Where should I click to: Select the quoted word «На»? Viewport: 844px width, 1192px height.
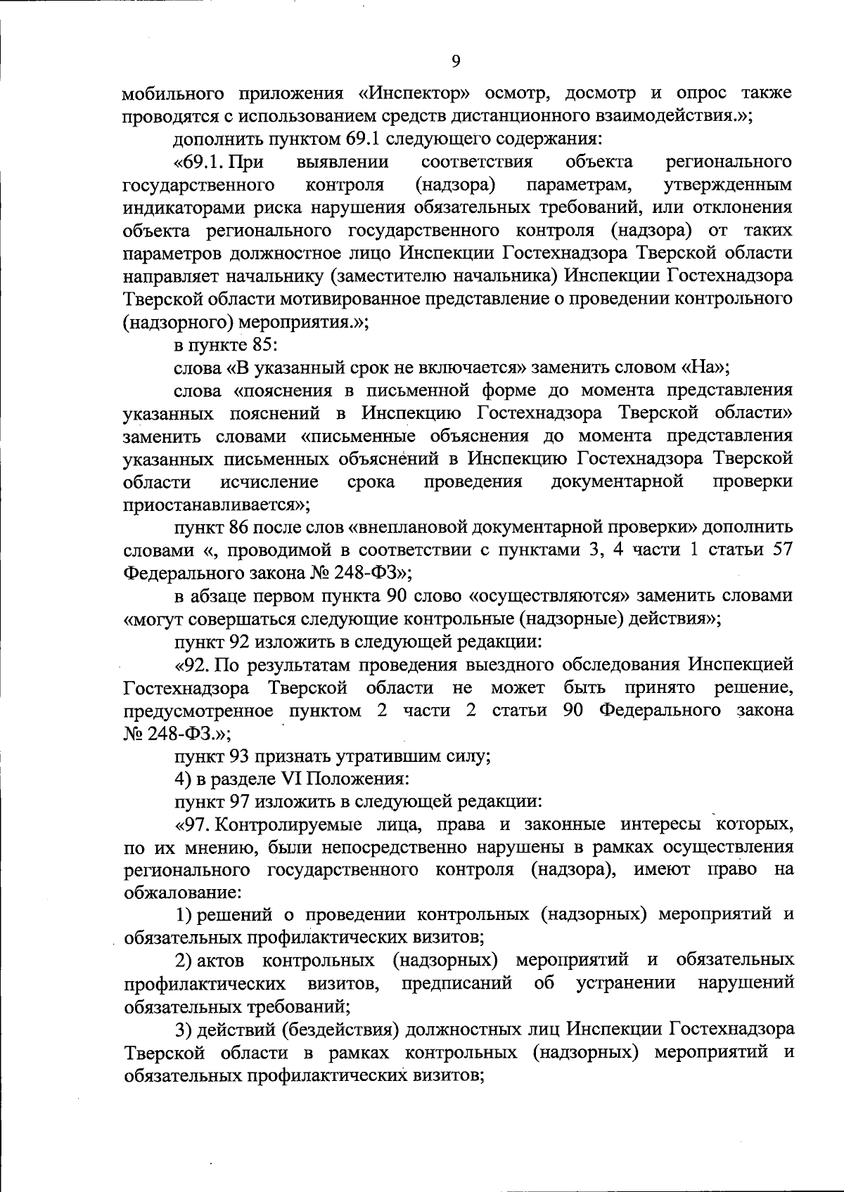coord(705,368)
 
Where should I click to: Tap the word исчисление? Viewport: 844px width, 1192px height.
coord(270,481)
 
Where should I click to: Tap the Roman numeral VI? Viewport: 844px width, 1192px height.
coord(290,779)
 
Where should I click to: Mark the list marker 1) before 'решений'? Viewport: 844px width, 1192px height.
coord(184,914)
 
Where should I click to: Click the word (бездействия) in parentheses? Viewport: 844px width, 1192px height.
coord(306,1030)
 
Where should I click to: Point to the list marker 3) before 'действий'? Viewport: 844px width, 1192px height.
coord(184,1030)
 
